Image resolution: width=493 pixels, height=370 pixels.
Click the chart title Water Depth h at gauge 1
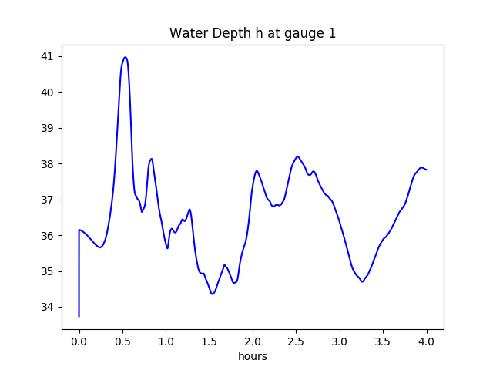point(253,33)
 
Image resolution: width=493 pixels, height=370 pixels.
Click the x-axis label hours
point(253,357)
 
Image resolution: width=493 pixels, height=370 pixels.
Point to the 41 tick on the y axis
point(47,56)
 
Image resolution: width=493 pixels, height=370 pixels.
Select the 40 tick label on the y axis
point(47,92)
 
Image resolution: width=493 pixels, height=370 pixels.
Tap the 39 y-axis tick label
point(47,128)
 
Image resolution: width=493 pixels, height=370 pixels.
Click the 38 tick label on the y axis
point(47,164)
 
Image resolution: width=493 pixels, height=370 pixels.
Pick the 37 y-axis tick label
point(47,200)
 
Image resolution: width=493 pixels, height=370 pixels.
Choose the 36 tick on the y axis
point(47,236)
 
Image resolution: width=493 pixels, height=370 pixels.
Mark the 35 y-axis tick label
point(47,271)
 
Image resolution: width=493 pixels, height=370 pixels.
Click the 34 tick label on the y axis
point(47,308)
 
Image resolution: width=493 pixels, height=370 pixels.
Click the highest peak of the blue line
point(125,57)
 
